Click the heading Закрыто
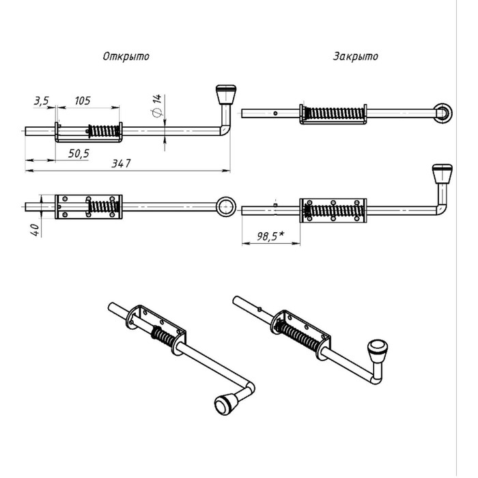pyautogui.click(x=355, y=57)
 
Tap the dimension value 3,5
pyautogui.click(x=40, y=100)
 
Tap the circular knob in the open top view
pyautogui.click(x=225, y=206)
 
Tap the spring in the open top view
pyautogui.click(x=103, y=206)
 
